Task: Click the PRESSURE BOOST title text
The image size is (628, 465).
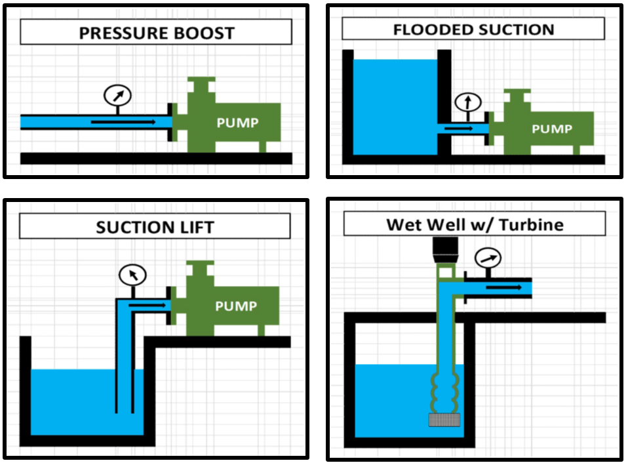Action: pyautogui.click(x=157, y=33)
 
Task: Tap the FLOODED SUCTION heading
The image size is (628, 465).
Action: pyautogui.click(x=474, y=30)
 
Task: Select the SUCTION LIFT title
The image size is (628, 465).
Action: pyautogui.click(x=155, y=228)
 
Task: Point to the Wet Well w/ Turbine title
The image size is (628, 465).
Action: pyautogui.click(x=475, y=224)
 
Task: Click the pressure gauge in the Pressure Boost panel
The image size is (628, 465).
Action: pyautogui.click(x=117, y=95)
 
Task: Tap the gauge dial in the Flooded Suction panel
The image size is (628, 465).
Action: pyautogui.click(x=468, y=102)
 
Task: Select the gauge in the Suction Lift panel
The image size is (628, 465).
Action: pyautogui.click(x=132, y=275)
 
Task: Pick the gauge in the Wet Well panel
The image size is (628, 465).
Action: pyautogui.click(x=488, y=258)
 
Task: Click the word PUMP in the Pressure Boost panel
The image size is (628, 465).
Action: pyautogui.click(x=237, y=123)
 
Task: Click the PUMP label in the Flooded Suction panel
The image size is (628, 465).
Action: pyautogui.click(x=552, y=129)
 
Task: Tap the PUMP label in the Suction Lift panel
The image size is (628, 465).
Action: pyautogui.click(x=236, y=306)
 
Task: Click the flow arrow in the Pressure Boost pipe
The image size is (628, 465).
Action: pyautogui.click(x=123, y=122)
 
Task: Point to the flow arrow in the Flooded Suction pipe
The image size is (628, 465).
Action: pyautogui.click(x=459, y=129)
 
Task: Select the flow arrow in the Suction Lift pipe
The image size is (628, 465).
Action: pyautogui.click(x=147, y=306)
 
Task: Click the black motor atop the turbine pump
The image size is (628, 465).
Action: pyautogui.click(x=445, y=249)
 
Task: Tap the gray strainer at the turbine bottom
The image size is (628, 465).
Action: pyautogui.click(x=444, y=420)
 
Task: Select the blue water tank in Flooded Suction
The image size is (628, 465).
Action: pyautogui.click(x=395, y=107)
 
